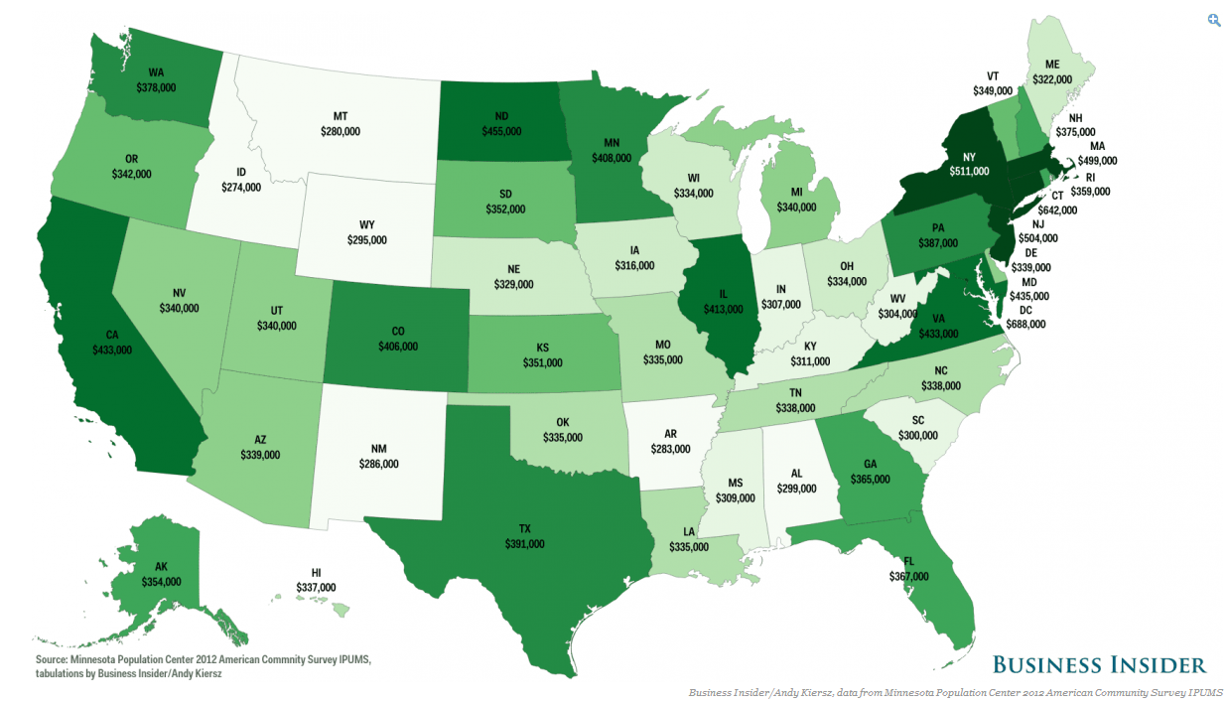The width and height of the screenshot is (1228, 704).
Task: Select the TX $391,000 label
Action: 524,537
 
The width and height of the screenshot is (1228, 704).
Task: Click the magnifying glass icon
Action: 1213,20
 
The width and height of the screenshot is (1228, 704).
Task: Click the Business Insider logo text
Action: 1099,665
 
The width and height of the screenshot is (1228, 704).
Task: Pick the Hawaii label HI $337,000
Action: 316,581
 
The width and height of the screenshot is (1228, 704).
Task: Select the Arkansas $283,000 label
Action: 670,442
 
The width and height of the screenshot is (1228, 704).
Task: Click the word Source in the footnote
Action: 52,659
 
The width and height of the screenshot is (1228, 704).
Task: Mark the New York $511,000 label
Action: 969,164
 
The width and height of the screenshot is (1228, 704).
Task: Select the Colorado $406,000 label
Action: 397,340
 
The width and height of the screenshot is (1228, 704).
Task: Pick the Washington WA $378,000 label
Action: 156,80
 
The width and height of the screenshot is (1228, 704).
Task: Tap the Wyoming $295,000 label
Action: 367,233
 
